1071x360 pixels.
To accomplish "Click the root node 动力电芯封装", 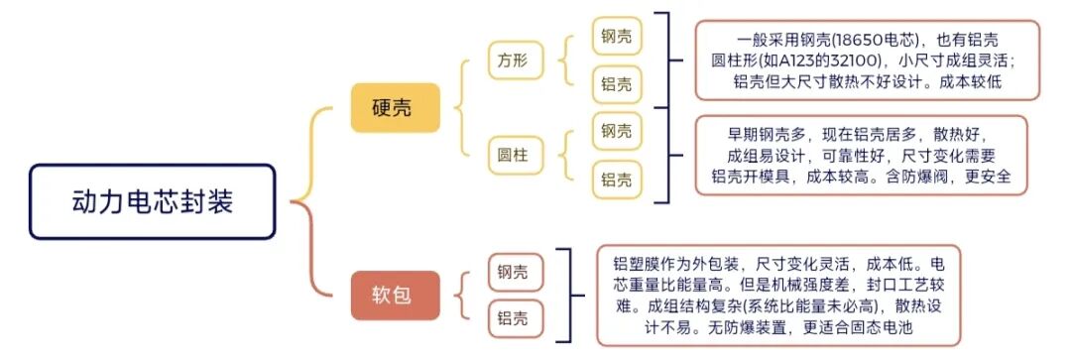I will [152, 202].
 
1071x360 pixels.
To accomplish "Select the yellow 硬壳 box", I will [394, 107].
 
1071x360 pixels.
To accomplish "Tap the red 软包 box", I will [394, 295].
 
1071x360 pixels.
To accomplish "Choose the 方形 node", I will [514, 61].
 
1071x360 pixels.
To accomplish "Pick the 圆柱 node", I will [514, 155].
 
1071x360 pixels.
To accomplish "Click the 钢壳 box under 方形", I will [616, 38].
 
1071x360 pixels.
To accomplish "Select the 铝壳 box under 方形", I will [616, 84].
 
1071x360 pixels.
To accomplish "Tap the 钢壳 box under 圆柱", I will [616, 131].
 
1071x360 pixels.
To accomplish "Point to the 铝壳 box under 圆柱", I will [616, 180].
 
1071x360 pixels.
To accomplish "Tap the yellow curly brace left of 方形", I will [466, 107].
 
